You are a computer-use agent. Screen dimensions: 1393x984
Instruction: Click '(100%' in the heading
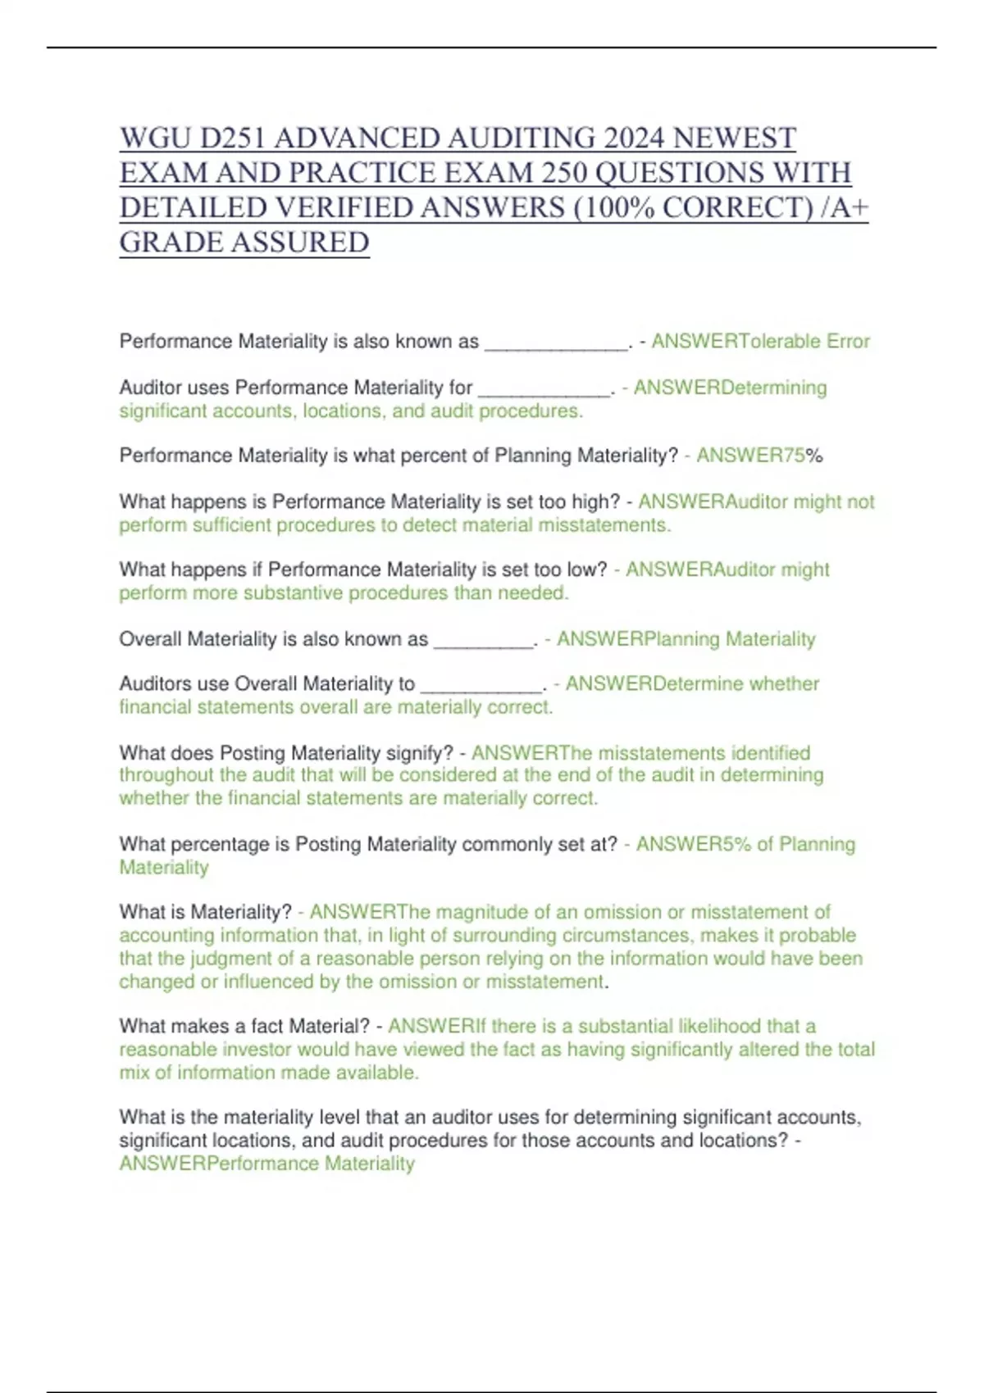613,208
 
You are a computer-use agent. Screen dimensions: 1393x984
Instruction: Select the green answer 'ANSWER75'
750,456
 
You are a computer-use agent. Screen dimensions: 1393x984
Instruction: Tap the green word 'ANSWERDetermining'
730,388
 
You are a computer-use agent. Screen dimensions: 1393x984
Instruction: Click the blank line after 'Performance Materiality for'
544,391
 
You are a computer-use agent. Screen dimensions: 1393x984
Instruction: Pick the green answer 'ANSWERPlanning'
638,639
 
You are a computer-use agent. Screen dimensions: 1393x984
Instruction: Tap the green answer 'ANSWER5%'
694,845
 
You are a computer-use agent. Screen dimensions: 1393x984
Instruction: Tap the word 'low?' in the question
588,569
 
